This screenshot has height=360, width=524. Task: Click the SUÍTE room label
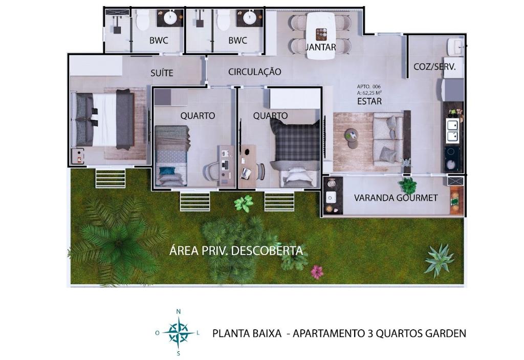[x=162, y=73]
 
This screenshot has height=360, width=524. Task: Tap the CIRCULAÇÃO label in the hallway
[x=255, y=72]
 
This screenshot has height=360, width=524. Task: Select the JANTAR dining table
[x=321, y=36]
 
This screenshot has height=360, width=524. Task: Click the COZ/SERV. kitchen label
[x=434, y=67]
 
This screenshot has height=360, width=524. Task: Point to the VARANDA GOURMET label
[x=396, y=198]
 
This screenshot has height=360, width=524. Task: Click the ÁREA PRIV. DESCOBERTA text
[x=236, y=250]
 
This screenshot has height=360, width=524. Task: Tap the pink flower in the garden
[x=317, y=272]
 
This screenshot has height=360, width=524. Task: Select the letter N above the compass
[x=179, y=311]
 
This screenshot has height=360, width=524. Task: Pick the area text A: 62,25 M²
[x=369, y=93]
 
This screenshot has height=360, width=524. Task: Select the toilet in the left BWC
[x=143, y=20]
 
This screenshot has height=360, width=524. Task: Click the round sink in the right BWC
[x=250, y=18]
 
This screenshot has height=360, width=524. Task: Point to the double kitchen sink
[x=453, y=131]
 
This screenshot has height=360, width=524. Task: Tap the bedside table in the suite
[x=78, y=156]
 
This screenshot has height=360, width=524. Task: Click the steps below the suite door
[x=111, y=178]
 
